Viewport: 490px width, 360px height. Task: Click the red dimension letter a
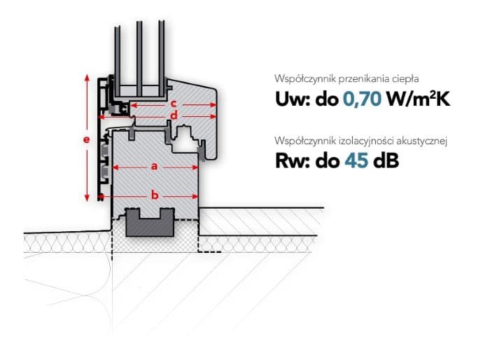(154, 167)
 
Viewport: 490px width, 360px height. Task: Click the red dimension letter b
(155, 195)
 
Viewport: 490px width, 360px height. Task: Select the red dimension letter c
(174, 104)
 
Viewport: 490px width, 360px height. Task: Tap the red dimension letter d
(174, 116)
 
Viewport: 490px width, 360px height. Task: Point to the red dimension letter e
(87, 139)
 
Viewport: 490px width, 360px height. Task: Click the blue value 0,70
(362, 99)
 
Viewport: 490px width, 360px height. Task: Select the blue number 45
(356, 161)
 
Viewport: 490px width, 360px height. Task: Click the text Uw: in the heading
(293, 99)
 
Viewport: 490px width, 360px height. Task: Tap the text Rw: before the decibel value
(293, 161)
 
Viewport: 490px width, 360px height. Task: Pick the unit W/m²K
(419, 99)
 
